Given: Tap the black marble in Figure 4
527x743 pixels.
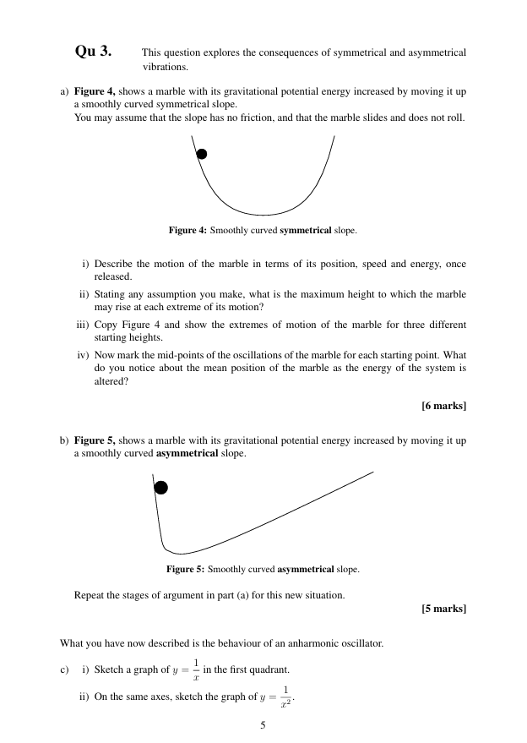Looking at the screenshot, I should click(201, 154).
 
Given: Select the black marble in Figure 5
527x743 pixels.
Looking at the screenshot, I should click(160, 488).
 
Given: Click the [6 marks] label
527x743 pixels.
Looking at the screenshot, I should click(443, 406).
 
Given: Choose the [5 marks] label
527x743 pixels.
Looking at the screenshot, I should click(443, 609).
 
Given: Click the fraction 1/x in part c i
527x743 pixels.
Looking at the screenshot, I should click(196, 669).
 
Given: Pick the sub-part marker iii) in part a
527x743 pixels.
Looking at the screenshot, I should click(83, 325).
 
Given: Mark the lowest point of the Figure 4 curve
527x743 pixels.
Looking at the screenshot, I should click(263, 215).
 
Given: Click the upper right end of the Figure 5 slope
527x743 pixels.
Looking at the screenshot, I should click(372, 473).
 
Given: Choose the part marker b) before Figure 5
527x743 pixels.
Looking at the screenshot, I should click(64, 440).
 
